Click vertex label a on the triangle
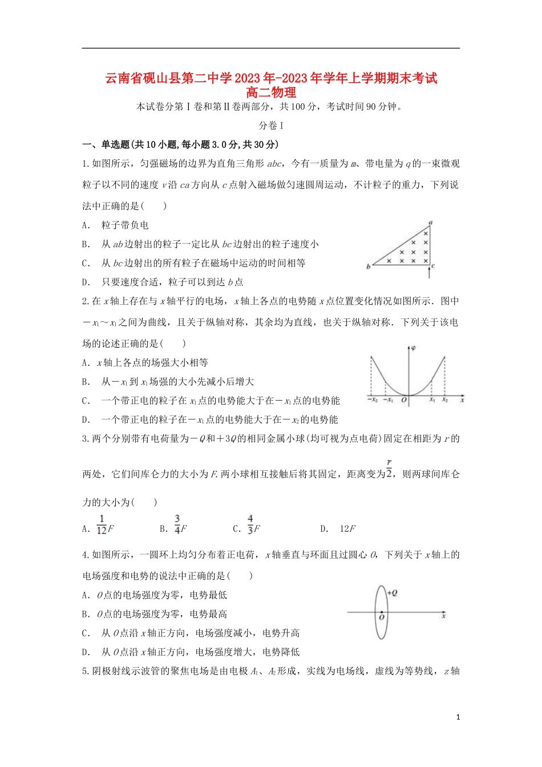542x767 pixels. [430, 223]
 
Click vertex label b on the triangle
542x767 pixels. [368, 267]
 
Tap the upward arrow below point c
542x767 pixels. [429, 274]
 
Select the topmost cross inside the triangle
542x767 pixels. [426, 233]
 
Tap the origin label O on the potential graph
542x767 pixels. [404, 401]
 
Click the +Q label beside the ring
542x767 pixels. [392, 593]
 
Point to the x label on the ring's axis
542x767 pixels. [443, 616]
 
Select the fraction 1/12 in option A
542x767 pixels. [102, 524]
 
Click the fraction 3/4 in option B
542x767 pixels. [177, 524]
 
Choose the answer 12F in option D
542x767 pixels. [347, 529]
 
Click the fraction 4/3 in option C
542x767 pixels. [250, 524]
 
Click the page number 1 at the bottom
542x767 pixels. [458, 717]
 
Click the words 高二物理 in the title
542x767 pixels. [271, 92]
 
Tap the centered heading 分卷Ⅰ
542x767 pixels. [271, 126]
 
